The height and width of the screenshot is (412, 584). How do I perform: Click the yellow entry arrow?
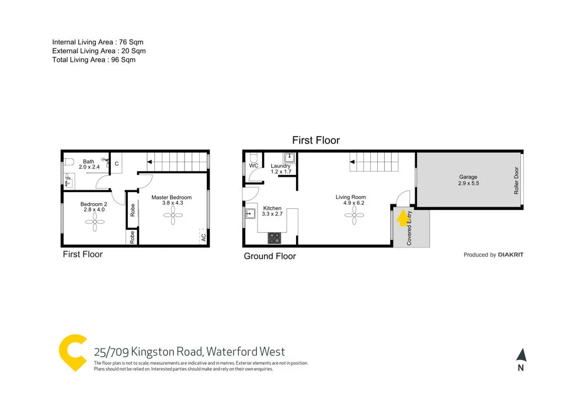[x=401, y=218]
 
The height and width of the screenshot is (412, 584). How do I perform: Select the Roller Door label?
[x=516, y=180]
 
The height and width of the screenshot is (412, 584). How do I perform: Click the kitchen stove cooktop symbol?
[x=274, y=238]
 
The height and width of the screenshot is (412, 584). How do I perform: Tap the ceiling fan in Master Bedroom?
[x=172, y=216]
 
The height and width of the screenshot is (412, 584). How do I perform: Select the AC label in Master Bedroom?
[x=203, y=238]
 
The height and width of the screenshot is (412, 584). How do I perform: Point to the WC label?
[x=254, y=166]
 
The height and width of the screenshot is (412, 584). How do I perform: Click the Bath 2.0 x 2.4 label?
[x=89, y=165]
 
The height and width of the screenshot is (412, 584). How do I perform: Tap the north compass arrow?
[x=521, y=355]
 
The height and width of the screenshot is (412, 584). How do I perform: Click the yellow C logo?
[x=74, y=352]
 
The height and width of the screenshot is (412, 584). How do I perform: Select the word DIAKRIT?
[x=511, y=254]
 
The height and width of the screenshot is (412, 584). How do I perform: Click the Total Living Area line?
[x=93, y=60]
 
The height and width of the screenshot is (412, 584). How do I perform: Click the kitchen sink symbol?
[x=250, y=213]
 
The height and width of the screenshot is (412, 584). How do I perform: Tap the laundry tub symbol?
[x=289, y=157]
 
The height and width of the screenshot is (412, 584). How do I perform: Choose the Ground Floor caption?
[x=270, y=256]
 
